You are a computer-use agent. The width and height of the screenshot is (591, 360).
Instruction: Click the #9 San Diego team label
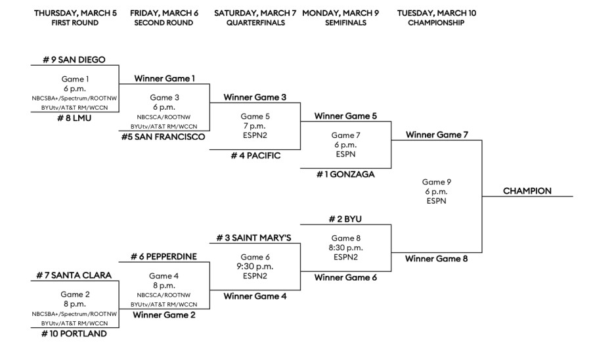click(x=74, y=60)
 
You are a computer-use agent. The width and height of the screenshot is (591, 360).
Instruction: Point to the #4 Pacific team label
click(x=255, y=157)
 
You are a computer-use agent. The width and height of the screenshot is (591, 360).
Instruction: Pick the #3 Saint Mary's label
click(x=255, y=236)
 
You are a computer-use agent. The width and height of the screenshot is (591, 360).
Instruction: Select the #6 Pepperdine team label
click(x=164, y=257)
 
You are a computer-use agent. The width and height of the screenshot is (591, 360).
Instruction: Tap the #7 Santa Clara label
click(x=74, y=275)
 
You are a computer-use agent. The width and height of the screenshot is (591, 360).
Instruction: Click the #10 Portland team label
click(x=74, y=334)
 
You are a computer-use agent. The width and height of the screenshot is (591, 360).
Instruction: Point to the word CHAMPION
click(x=527, y=191)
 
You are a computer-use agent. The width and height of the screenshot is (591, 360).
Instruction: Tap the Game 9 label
click(x=437, y=181)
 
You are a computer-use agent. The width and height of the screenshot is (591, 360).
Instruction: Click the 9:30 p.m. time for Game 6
click(x=255, y=267)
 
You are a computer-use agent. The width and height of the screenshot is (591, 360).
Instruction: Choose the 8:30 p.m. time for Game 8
click(x=345, y=248)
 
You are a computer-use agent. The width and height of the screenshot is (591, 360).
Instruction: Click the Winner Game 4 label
click(x=255, y=296)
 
